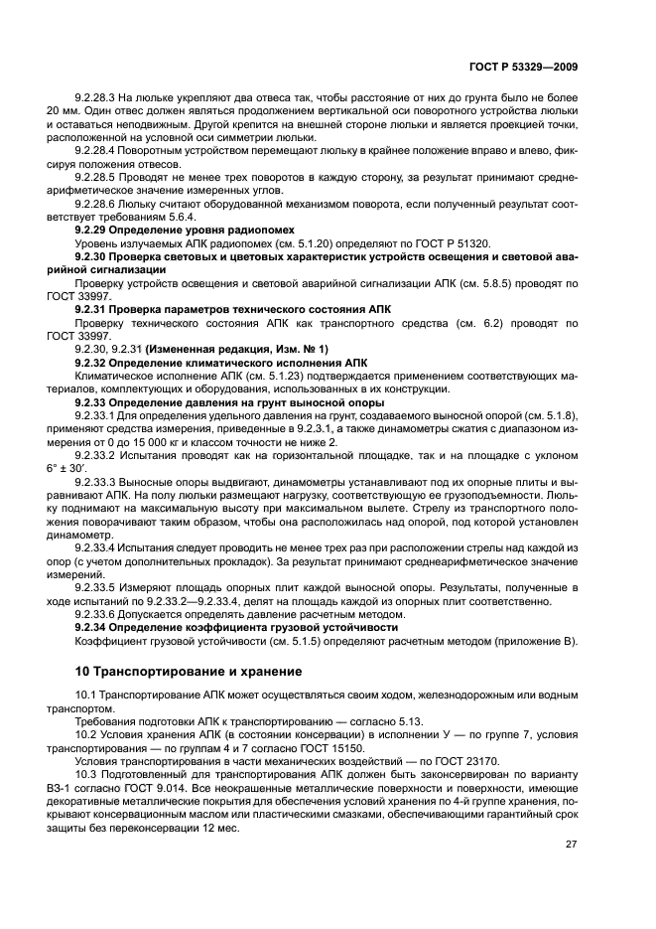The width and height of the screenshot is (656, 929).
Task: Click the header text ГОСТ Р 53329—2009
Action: click(522, 68)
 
